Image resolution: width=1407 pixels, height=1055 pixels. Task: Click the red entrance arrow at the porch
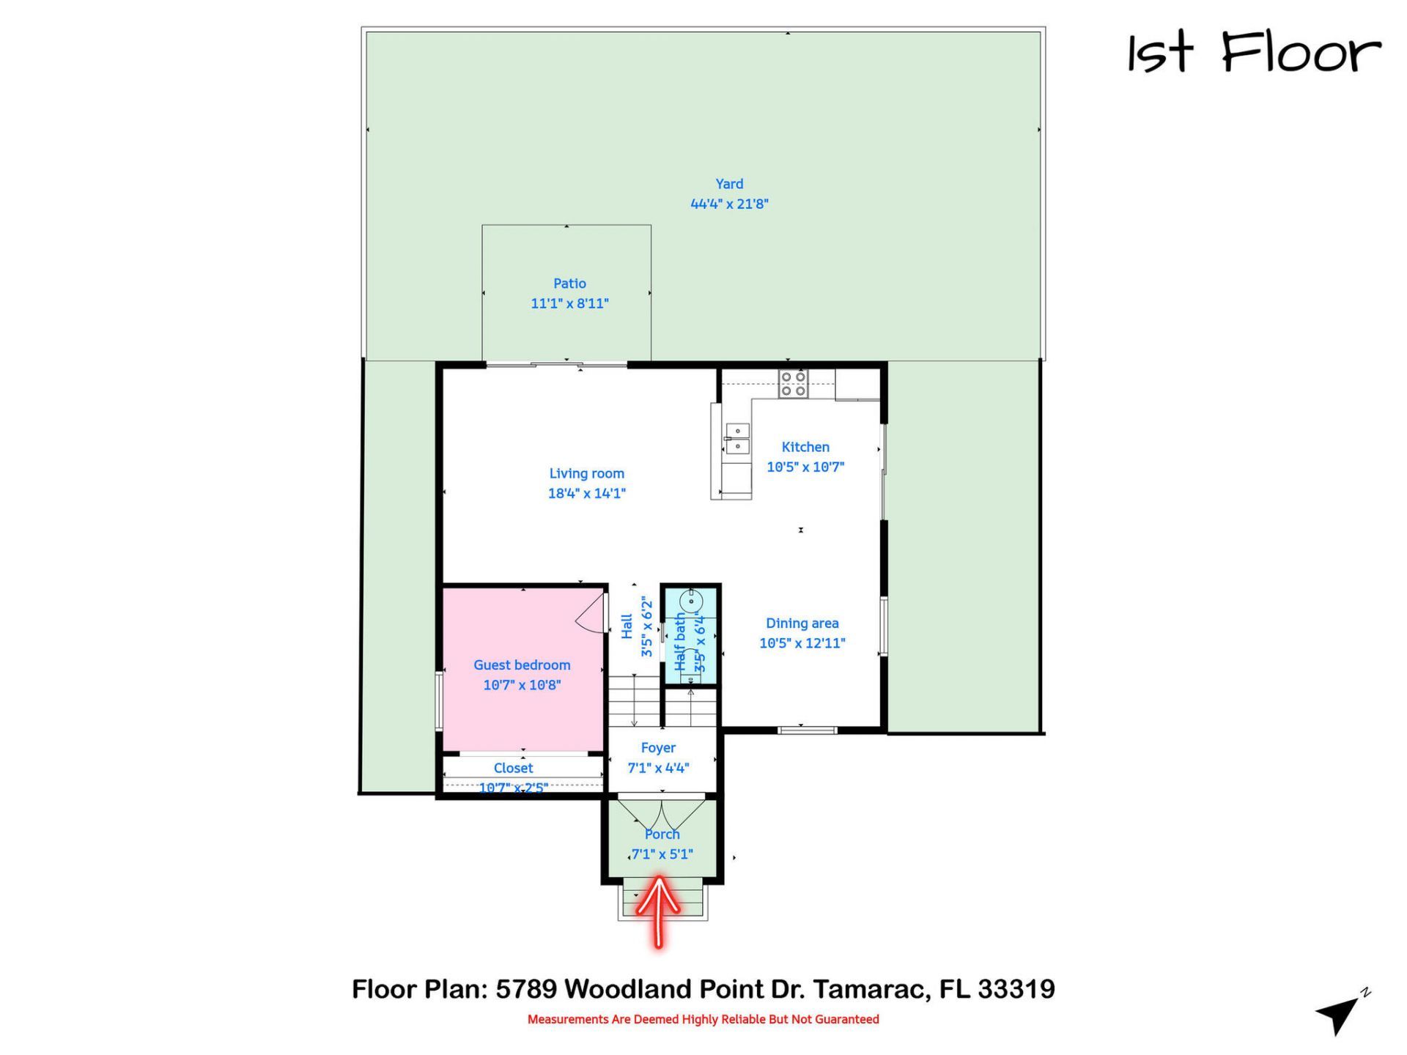658,908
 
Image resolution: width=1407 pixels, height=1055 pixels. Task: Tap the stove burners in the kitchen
793,384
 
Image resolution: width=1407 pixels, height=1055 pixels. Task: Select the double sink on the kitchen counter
737,438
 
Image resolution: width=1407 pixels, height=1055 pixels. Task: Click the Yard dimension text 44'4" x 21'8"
729,204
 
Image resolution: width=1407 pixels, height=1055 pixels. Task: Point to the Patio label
569,284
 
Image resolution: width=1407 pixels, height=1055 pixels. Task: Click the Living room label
586,474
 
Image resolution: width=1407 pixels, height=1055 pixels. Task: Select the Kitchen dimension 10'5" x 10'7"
805,467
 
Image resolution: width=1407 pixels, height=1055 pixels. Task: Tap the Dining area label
802,623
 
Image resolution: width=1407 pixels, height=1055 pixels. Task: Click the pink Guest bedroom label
522,665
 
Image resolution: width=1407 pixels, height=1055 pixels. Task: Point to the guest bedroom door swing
591,615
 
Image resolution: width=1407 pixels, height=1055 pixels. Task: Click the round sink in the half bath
691,601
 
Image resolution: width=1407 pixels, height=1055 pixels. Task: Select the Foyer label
658,748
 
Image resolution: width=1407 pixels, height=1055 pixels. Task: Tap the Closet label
513,769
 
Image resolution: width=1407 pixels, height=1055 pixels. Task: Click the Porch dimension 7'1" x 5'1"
662,854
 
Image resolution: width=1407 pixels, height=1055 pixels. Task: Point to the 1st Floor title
1253,53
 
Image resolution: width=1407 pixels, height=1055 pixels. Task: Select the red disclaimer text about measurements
703,1019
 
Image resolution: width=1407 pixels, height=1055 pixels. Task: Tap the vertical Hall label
627,626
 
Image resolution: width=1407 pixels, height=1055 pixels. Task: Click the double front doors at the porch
662,813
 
